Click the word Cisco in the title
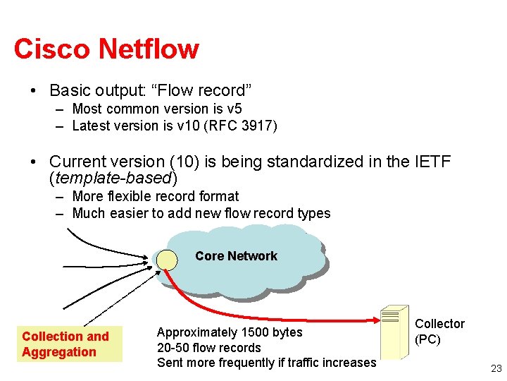pyautogui.click(x=52, y=49)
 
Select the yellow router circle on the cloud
pyautogui.click(x=167, y=260)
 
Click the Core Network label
pyautogui.click(x=236, y=256)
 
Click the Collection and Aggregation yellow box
pyautogui.click(x=69, y=344)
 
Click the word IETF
pyautogui.click(x=427, y=162)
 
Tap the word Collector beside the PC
pyautogui.click(x=440, y=324)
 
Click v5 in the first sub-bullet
pyautogui.click(x=234, y=109)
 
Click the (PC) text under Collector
pyautogui.click(x=428, y=339)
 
